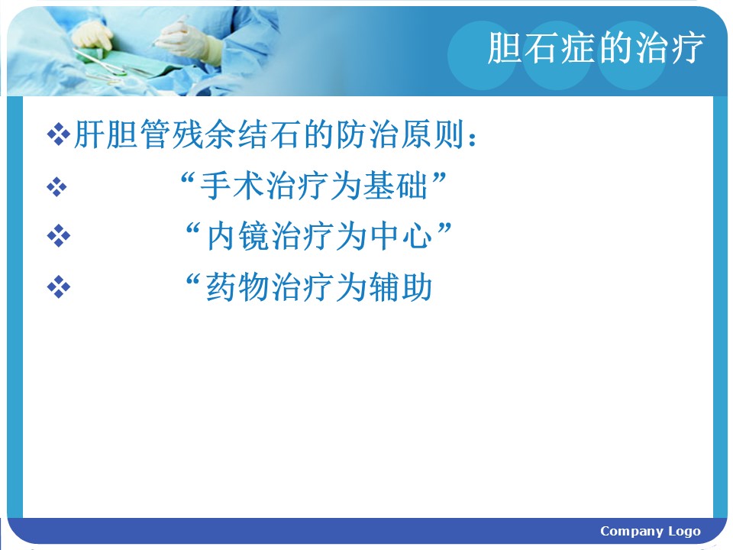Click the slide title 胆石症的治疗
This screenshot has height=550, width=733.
596,47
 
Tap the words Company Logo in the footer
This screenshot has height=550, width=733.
651,532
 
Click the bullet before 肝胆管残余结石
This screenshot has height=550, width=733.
59,134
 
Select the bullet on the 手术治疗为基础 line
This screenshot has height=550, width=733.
57,187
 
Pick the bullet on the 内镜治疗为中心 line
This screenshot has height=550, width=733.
59,235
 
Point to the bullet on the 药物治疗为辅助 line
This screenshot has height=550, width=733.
59,286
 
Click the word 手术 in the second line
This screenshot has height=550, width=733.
233,186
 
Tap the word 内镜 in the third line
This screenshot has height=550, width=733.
238,235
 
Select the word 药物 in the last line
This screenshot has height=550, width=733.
238,286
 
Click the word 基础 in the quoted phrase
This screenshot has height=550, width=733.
396,186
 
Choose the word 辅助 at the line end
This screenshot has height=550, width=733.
401,286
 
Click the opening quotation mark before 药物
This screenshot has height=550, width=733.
193,280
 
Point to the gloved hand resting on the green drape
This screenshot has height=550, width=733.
92,37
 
